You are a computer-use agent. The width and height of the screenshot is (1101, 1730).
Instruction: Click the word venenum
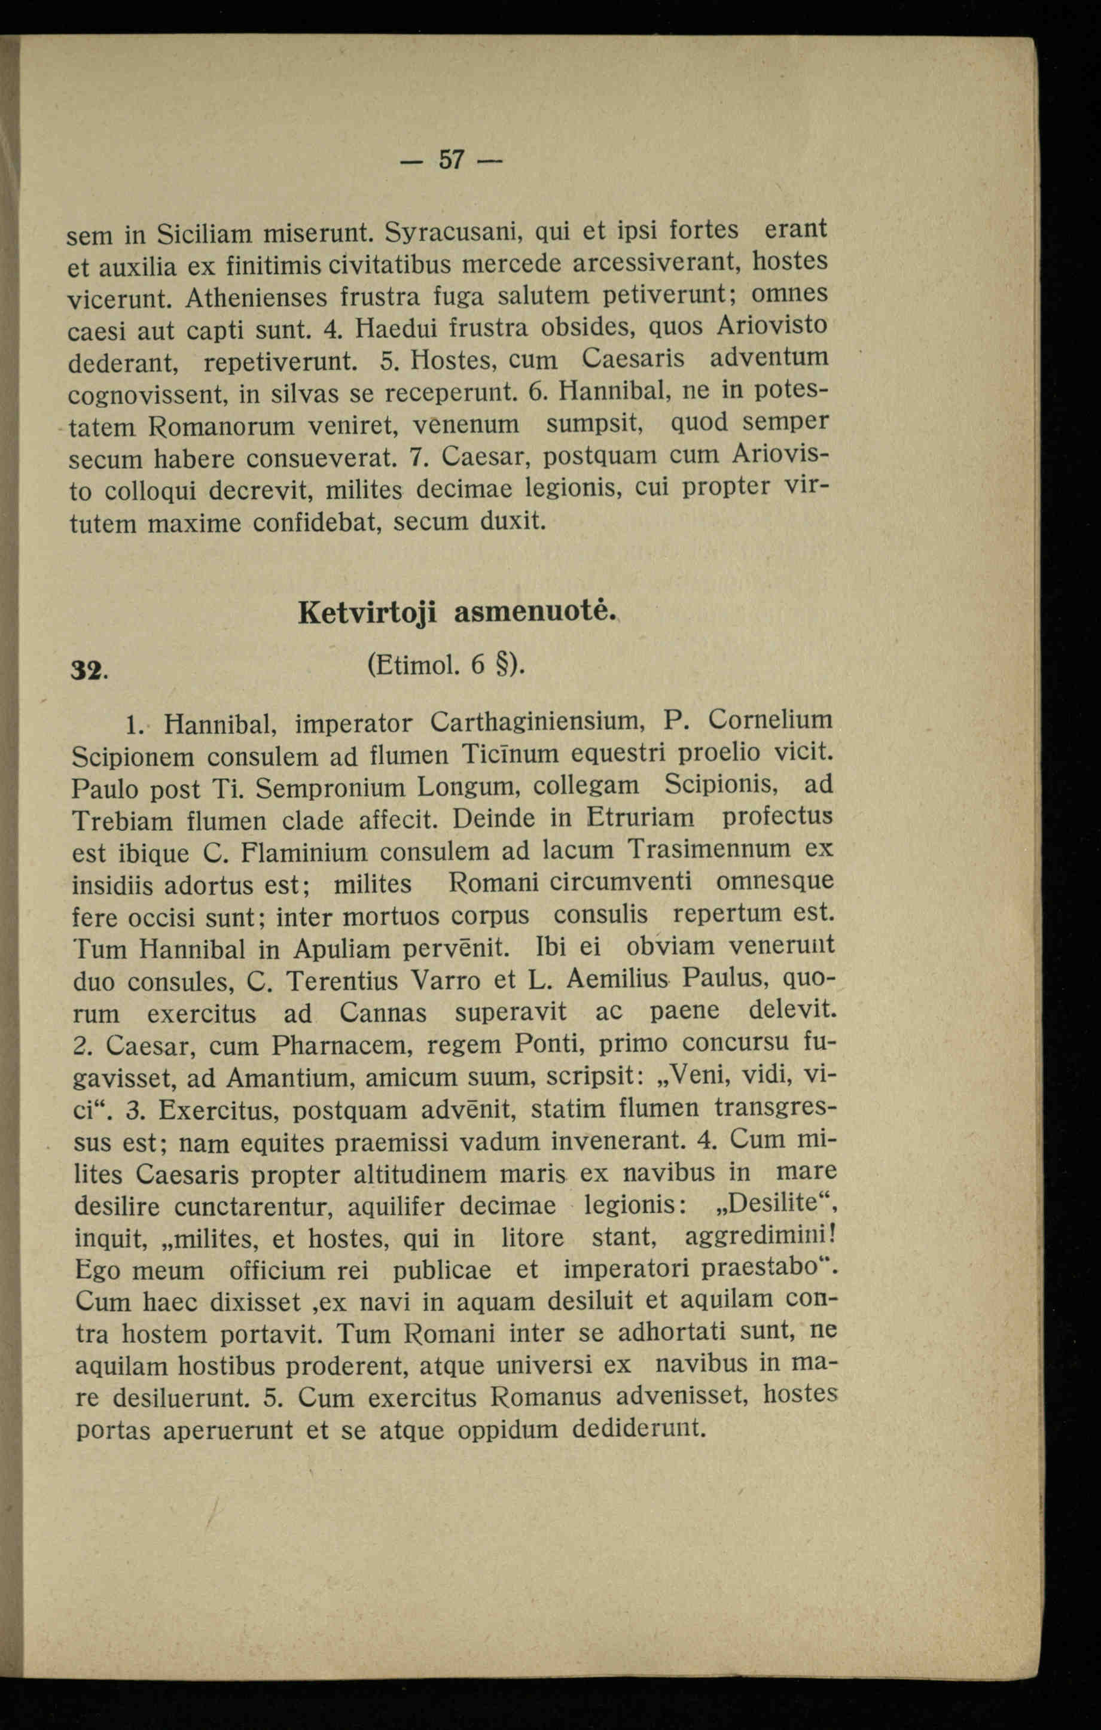466,425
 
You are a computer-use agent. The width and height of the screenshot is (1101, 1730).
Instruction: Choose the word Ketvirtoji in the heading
368,612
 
